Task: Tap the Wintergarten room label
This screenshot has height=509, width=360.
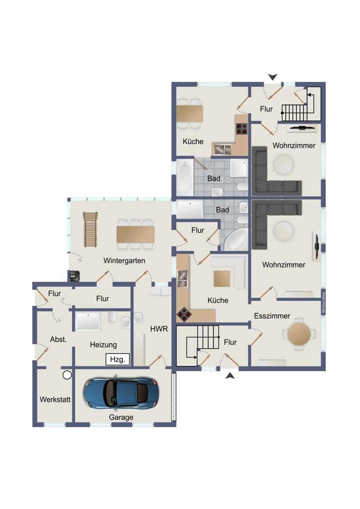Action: point(124,260)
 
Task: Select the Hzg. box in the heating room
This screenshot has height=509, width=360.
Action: point(118,359)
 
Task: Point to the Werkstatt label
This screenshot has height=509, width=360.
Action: point(55,400)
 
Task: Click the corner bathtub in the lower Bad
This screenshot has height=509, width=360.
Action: point(236,240)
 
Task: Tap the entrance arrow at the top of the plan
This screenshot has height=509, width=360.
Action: point(273,77)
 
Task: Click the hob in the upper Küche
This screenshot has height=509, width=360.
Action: point(242,129)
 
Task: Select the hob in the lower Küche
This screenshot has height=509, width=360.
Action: point(184,314)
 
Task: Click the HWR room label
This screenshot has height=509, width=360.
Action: point(159,329)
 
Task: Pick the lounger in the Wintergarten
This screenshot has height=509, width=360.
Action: point(90,229)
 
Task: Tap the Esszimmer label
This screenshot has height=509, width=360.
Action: point(272,316)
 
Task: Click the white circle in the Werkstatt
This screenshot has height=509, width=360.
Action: point(67,375)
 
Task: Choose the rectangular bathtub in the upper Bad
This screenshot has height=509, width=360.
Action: point(185,177)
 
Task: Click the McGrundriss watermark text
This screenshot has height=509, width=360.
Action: point(323,302)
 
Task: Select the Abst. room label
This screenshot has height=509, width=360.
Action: point(59,339)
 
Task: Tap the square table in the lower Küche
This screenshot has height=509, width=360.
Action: point(222,278)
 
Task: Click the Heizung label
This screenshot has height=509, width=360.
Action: point(104,345)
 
